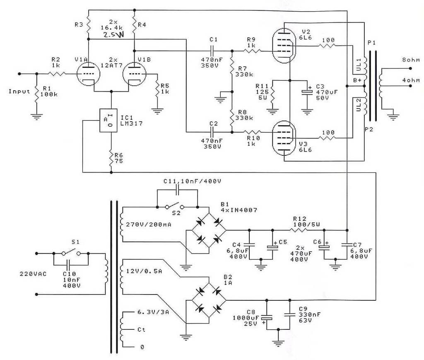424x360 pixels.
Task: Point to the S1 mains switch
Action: (71, 253)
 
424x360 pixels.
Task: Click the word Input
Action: (19, 91)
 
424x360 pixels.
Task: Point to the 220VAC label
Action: (32, 274)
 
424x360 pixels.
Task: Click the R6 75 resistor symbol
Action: (111, 157)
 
